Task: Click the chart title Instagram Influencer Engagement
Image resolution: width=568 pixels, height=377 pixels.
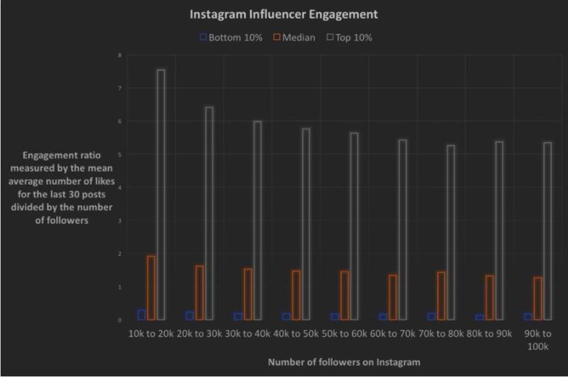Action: (283, 14)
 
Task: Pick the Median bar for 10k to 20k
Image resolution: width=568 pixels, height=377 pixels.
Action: (151, 287)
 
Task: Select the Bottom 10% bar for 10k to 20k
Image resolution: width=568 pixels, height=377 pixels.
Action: (141, 315)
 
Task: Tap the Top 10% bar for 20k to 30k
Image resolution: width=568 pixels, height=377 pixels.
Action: (209, 213)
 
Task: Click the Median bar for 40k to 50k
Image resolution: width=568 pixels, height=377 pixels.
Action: (295, 295)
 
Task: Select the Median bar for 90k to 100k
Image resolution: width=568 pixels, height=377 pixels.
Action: (537, 298)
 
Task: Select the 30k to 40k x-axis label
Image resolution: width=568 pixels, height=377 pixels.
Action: (247, 334)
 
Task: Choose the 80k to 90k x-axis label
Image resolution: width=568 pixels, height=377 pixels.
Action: (488, 334)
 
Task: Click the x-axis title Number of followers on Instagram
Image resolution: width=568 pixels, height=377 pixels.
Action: (344, 362)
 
